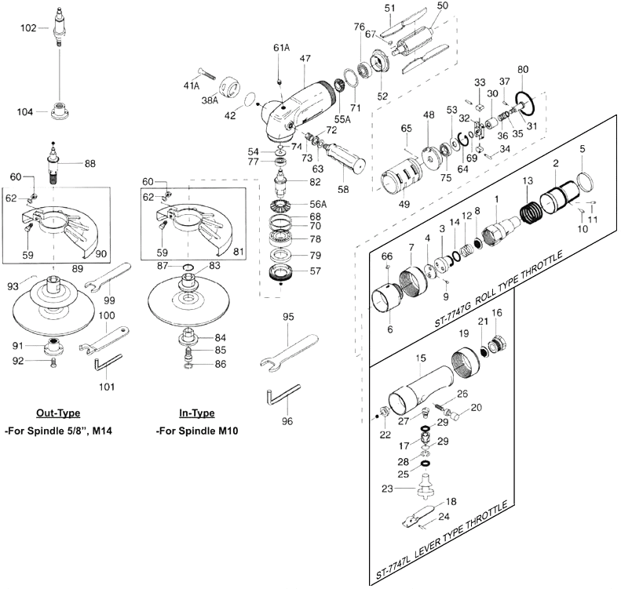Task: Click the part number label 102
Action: [x=28, y=27]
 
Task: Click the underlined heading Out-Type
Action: [x=58, y=413]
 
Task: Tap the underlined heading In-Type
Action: [x=197, y=413]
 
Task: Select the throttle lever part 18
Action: [x=420, y=516]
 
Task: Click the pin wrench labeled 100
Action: [x=104, y=339]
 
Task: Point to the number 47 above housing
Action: [x=305, y=59]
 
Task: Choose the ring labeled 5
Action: [x=586, y=183]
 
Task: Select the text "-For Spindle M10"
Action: [x=197, y=431]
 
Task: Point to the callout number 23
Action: [x=387, y=489]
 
